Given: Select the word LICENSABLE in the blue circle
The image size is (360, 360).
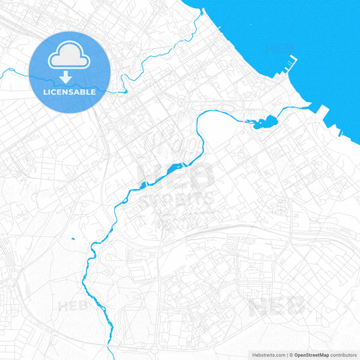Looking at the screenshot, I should pyautogui.click(x=70, y=91).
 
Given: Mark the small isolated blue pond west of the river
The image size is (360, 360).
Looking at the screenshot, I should pyautogui.click(x=72, y=238).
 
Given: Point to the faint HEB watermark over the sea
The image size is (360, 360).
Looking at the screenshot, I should pyautogui.click(x=280, y=47).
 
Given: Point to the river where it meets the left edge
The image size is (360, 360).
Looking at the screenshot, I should pyautogui.click(x=2, y=71).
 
